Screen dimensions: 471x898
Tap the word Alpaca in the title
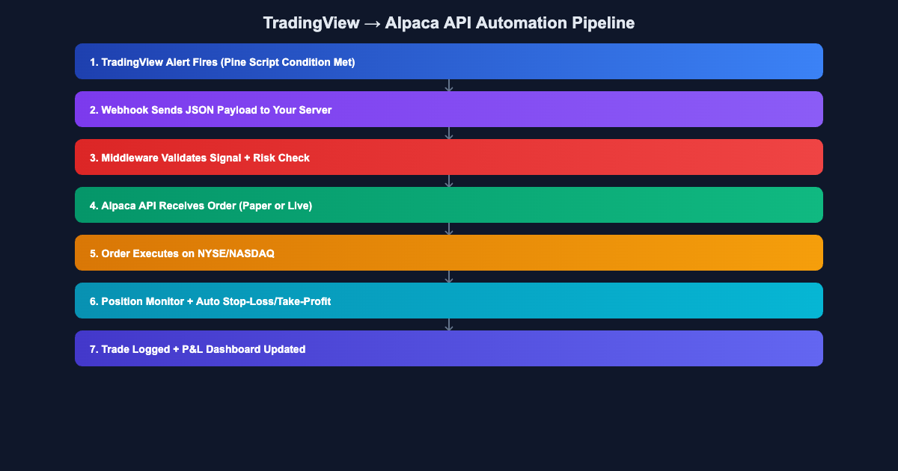tap(411, 23)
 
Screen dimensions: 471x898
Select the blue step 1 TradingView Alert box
tap(449, 61)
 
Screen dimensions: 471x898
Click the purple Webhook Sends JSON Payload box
tap(449, 109)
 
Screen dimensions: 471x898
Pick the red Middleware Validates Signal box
tap(449, 157)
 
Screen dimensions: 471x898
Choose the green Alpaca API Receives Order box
tap(449, 205)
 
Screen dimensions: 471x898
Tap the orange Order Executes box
tap(449, 253)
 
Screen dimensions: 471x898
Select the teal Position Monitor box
tap(449, 301)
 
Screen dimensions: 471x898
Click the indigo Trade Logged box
tap(449, 348)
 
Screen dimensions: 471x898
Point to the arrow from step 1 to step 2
tap(449, 85)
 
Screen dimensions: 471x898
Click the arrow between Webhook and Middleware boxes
tap(449, 133)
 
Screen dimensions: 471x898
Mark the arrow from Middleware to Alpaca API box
tap(449, 181)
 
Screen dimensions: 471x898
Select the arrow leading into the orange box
tap(449, 229)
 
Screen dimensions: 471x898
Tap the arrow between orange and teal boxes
tap(449, 277)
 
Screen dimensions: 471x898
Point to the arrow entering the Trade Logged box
tap(449, 324)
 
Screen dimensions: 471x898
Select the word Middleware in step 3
tap(130, 158)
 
